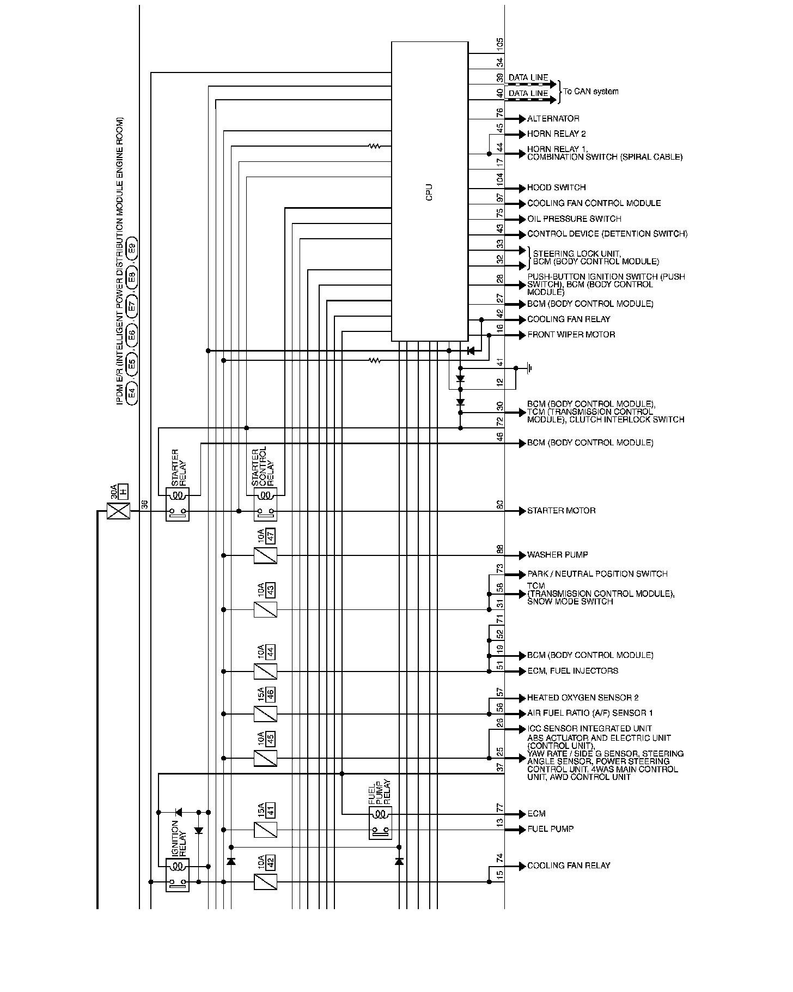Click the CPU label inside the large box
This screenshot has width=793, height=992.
tap(429, 192)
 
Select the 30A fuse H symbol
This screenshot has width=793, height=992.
tap(118, 510)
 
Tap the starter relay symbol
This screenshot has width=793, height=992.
tap(178, 504)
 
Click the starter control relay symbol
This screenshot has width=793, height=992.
tap(266, 504)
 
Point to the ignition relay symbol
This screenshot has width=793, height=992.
tap(178, 873)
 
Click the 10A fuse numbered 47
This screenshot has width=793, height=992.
tap(266, 555)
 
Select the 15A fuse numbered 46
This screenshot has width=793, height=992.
tap(266, 713)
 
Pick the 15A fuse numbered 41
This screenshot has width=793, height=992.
tap(266, 830)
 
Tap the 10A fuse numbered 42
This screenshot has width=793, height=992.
tap(266, 881)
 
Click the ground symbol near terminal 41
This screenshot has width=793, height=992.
tap(528, 368)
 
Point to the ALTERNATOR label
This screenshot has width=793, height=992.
tap(553, 119)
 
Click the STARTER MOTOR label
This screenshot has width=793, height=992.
tap(561, 511)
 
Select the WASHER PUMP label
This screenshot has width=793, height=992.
tap(557, 555)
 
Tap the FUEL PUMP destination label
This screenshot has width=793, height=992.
tap(550, 829)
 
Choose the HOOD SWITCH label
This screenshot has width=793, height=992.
tap(556, 187)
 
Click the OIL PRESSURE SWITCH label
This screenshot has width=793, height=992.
tap(574, 219)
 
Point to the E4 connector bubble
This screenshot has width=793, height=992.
tap(131, 392)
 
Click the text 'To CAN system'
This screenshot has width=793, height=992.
tap(591, 92)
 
